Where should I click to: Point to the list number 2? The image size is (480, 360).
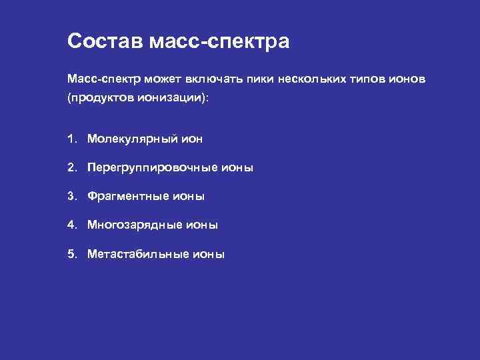[71, 168]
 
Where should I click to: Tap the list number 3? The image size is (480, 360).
[71, 197]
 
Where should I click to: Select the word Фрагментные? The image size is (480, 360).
[129, 197]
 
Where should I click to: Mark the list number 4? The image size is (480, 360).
[71, 225]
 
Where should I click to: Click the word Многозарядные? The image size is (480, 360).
[135, 225]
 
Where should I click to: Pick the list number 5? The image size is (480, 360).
[71, 254]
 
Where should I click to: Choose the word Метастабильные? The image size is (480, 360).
[139, 254]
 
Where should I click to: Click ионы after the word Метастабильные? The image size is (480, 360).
[209, 254]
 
